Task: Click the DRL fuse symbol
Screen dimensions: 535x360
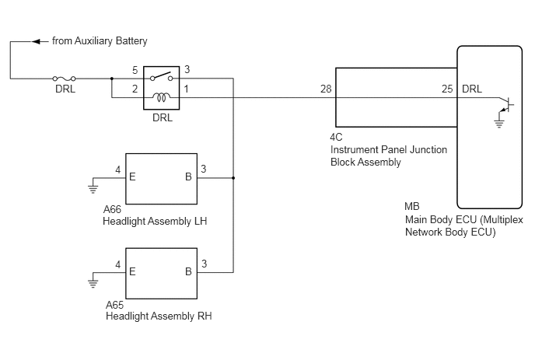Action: [64, 79]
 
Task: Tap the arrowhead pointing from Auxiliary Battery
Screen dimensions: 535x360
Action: [36, 42]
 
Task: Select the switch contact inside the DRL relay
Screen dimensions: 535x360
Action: [162, 76]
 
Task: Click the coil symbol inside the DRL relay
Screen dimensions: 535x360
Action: [162, 97]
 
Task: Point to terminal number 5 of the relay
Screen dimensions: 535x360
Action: [135, 70]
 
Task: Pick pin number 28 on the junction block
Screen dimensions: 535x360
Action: [326, 89]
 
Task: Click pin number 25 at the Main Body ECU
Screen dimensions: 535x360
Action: [447, 89]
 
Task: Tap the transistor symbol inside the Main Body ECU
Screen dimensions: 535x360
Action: [506, 104]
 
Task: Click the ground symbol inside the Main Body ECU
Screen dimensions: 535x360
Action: [498, 123]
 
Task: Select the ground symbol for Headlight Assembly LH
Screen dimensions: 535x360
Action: [93, 189]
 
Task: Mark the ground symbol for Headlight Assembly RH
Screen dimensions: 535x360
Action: [93, 283]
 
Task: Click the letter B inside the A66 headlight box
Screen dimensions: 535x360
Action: [188, 177]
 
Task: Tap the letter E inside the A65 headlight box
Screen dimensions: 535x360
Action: [132, 271]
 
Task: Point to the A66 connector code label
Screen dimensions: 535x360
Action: [112, 209]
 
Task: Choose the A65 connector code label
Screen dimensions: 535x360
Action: [114, 305]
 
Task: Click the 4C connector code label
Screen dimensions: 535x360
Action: [336, 137]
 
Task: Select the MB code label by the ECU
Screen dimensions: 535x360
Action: [412, 207]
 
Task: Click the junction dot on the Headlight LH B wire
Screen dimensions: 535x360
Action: [233, 178]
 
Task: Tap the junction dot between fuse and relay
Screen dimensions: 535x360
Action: [112, 79]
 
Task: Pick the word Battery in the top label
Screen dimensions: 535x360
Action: [131, 41]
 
